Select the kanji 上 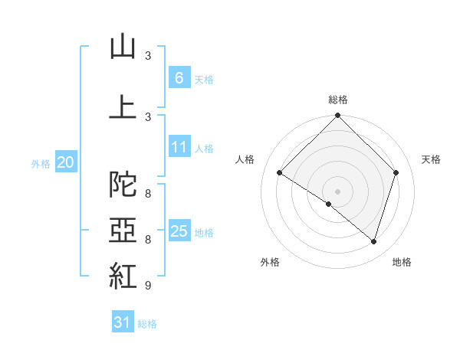pyautogui.click(x=123, y=106)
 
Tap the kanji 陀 pyautogui.click(x=123, y=184)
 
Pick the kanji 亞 pyautogui.click(x=123, y=230)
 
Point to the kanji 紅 pyautogui.click(x=123, y=276)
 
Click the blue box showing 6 pyautogui.click(x=179, y=77)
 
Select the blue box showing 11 pyautogui.click(x=179, y=146)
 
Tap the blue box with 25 pyautogui.click(x=179, y=230)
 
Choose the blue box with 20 pyautogui.click(x=66, y=162)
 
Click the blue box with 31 pyautogui.click(x=123, y=321)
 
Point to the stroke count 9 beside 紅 pyautogui.click(x=148, y=285)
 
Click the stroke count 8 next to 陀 pyautogui.click(x=148, y=194)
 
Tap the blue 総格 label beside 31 pyautogui.click(x=147, y=324)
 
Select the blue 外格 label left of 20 pyautogui.click(x=41, y=164)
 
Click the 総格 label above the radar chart pyautogui.click(x=338, y=100)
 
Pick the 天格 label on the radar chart pyautogui.click(x=431, y=159)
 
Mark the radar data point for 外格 pyautogui.click(x=329, y=204)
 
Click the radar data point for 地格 pyautogui.click(x=373, y=242)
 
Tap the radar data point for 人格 pyautogui.click(x=280, y=173)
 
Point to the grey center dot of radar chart pyautogui.click(x=337, y=191)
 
